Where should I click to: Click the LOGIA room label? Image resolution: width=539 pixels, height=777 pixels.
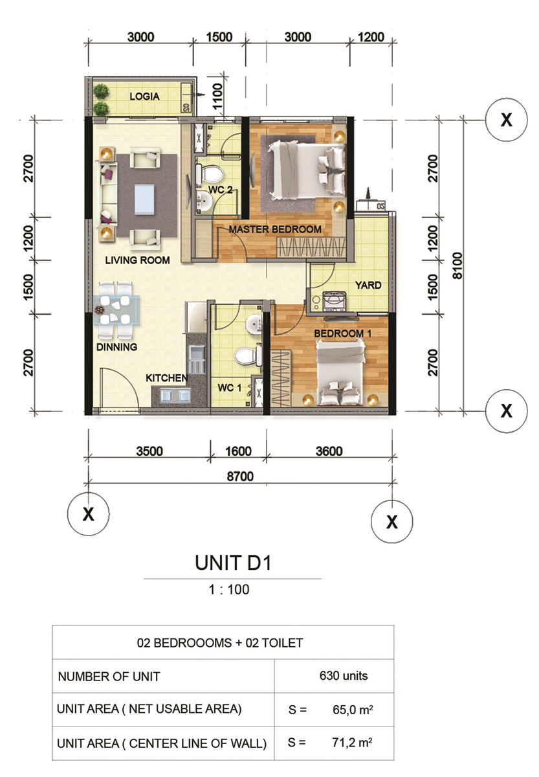tap(144, 96)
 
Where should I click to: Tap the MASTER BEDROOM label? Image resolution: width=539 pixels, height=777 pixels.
tap(275, 229)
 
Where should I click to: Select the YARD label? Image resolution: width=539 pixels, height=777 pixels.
tap(368, 285)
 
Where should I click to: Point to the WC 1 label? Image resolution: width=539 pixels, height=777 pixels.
tap(229, 387)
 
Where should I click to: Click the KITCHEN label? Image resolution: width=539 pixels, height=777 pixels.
tap(166, 377)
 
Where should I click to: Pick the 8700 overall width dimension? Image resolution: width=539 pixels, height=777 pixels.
tap(240, 477)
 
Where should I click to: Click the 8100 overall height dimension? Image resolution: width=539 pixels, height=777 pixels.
tap(457, 265)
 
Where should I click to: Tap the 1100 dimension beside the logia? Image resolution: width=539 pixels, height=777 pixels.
tap(217, 96)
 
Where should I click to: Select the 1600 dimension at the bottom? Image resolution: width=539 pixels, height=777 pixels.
tap(238, 451)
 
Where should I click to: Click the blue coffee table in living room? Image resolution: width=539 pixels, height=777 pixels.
tap(144, 199)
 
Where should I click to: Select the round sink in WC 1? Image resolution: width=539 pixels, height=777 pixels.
tap(254, 324)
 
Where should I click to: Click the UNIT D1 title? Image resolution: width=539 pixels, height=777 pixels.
tap(233, 562)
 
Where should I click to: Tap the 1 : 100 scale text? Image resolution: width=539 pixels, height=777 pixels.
tap(229, 589)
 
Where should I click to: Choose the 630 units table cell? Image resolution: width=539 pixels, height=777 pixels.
tap(344, 675)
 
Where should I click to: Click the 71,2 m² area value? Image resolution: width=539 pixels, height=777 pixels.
tap(352, 742)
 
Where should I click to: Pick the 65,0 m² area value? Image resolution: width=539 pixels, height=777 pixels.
tap(353, 710)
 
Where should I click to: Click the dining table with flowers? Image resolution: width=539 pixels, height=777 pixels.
tap(117, 310)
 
